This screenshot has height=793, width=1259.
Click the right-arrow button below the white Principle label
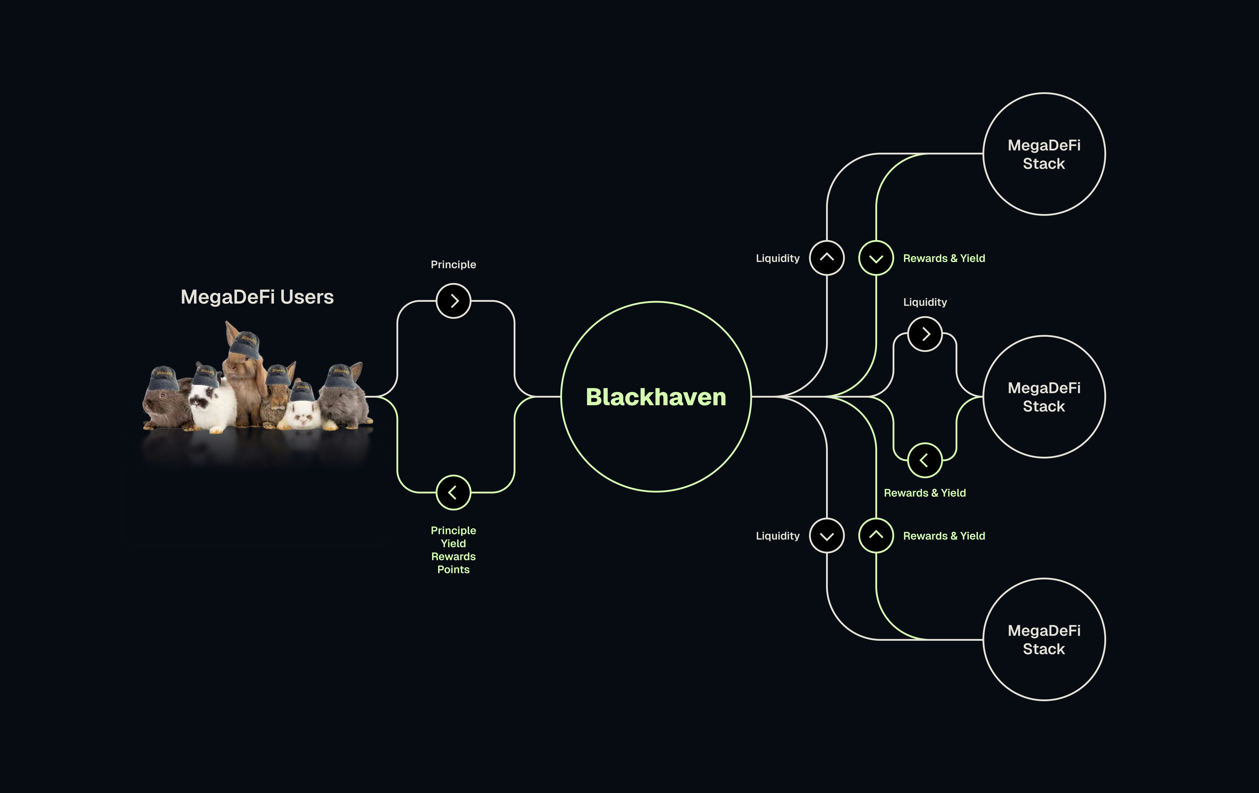point(453,301)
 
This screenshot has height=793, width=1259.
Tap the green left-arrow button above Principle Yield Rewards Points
point(453,492)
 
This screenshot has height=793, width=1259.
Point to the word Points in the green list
point(453,569)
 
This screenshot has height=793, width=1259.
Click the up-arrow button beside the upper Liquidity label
point(827,257)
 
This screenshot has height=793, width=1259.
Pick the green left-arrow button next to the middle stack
point(925,460)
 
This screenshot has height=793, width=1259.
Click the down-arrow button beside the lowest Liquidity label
point(827,536)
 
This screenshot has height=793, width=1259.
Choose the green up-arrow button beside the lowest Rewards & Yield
point(876,536)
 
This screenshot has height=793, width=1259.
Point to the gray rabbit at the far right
point(345,402)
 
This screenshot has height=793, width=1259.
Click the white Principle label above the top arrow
point(453,264)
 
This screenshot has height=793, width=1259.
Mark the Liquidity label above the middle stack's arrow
point(925,302)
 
